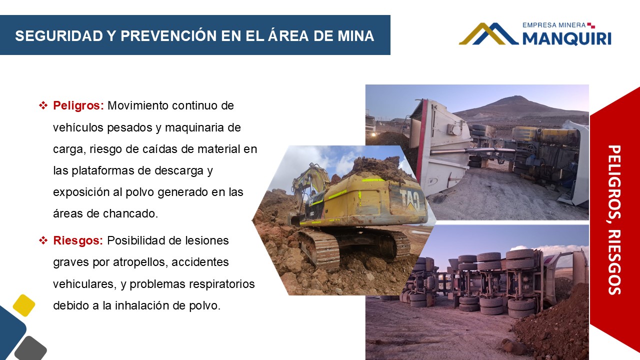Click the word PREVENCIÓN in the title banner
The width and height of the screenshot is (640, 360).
(169, 36)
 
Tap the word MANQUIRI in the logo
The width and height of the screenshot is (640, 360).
(567, 38)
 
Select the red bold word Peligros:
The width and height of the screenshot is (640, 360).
(78, 106)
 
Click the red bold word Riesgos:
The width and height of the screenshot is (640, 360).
(78, 241)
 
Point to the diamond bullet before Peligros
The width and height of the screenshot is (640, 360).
(43, 105)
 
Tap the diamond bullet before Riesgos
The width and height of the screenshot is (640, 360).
(43, 240)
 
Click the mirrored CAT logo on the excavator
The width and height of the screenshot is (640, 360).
(409, 200)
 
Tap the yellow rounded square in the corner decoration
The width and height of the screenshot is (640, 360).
(24, 305)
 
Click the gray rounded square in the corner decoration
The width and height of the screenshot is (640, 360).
(30, 349)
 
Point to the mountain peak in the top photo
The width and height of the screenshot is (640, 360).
(514, 97)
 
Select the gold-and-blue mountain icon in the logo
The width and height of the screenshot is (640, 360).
(488, 33)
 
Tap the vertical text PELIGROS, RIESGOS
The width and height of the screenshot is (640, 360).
(614, 220)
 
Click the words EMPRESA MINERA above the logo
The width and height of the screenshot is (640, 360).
(554, 25)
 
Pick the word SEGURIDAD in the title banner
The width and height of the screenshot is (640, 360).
(59, 36)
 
